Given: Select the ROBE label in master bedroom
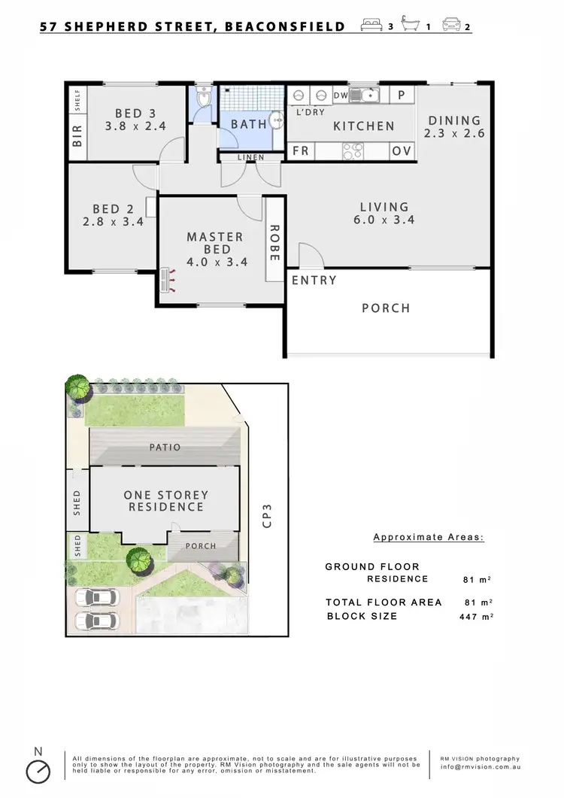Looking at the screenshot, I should point(274,243).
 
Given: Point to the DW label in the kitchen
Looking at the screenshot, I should point(340,96).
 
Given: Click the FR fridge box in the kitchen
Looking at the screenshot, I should point(301,151).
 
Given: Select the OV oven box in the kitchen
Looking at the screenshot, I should point(402,151).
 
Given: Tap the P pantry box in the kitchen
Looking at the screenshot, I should point(402,96).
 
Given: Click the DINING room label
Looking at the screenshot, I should point(454,120).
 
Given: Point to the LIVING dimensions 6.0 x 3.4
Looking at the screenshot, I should point(384,220).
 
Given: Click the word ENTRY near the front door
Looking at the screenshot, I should point(314,281).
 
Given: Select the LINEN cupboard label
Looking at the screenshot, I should point(249,157).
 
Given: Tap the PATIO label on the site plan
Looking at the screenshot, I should point(165,447).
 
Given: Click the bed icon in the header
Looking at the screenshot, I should point(373,25).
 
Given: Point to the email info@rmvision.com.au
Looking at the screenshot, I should point(479,768).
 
